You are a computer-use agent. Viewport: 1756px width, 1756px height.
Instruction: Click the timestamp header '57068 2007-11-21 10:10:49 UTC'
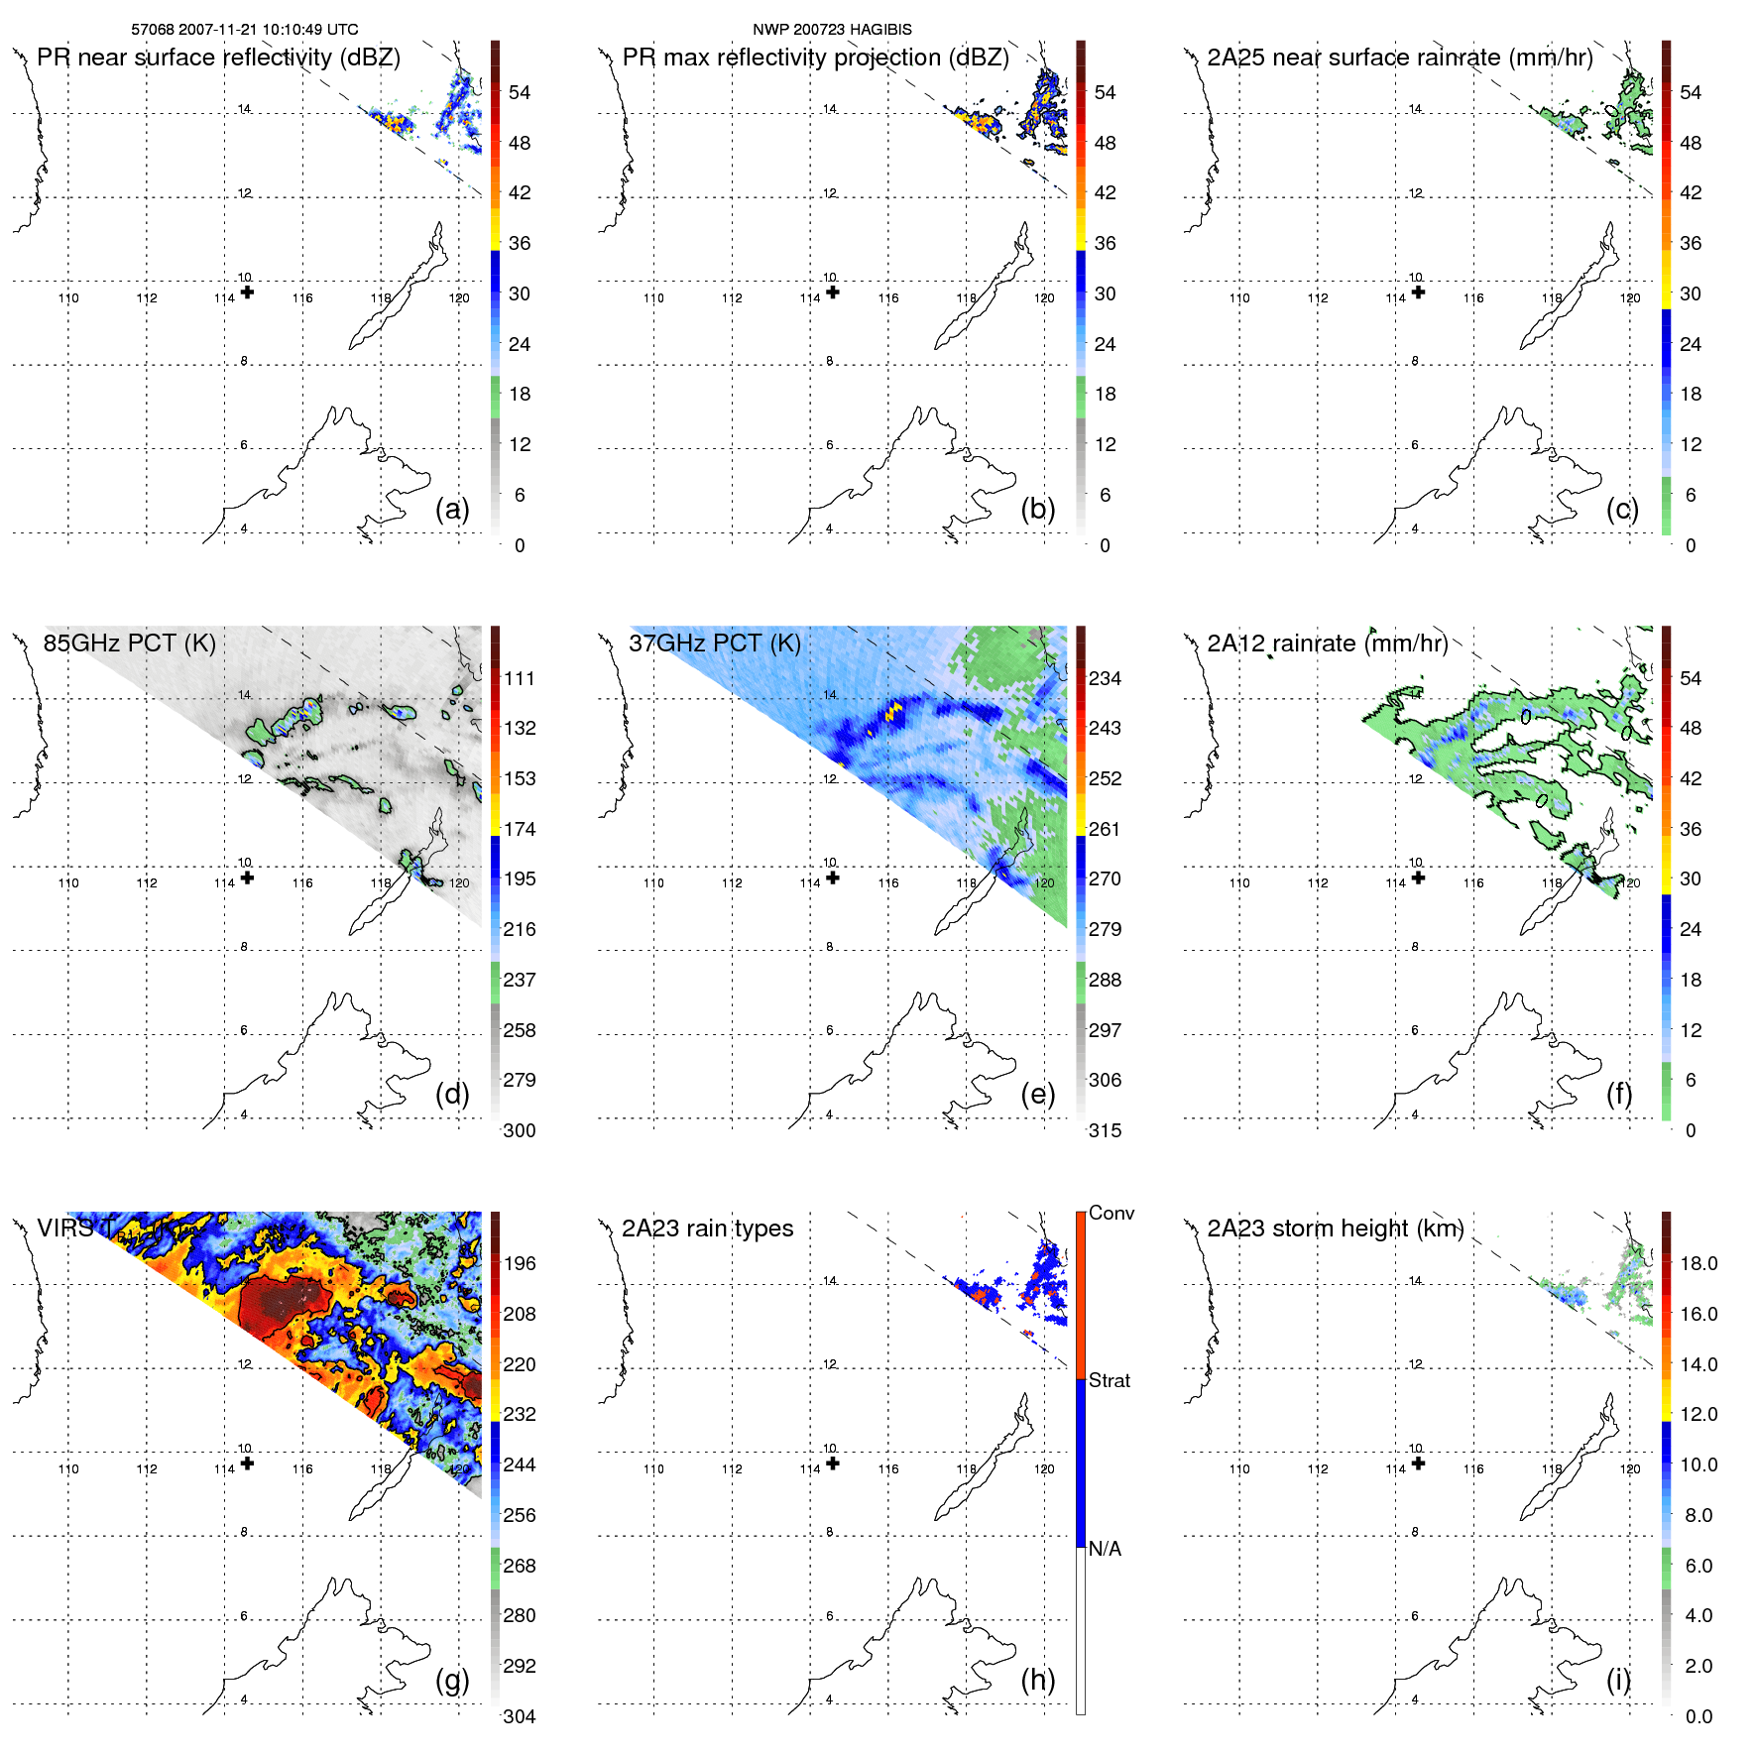244,30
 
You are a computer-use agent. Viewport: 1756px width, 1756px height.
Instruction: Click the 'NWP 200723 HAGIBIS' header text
832,30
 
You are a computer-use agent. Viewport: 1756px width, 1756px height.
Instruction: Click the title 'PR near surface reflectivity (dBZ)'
218,58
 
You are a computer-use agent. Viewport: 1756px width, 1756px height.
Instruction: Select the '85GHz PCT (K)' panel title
129,644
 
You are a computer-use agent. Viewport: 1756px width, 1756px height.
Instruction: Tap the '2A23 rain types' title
707,1229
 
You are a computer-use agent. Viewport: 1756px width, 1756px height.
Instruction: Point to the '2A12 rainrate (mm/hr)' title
1327,644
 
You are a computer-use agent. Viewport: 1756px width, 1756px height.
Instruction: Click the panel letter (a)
452,510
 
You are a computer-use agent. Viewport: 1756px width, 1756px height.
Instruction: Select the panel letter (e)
1037,1095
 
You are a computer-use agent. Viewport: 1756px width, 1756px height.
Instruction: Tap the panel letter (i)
1619,1680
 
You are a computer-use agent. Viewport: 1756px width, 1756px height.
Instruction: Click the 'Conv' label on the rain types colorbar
1112,1214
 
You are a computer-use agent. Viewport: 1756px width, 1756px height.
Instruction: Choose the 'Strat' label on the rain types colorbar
1110,1380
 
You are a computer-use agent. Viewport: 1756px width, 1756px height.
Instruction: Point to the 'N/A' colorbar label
1105,1549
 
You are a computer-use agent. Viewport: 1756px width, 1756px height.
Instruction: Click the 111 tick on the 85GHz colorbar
520,679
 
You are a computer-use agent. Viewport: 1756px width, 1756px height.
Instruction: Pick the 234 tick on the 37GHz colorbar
1105,679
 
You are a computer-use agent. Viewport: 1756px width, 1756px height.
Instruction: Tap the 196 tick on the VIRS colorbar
520,1264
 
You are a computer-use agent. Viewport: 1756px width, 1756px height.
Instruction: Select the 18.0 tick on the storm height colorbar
1698,1264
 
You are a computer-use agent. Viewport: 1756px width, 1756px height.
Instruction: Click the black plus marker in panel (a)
247,293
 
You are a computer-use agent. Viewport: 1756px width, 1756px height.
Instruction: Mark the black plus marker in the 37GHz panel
833,878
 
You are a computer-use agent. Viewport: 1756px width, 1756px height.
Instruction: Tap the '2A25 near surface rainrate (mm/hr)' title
1399,58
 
